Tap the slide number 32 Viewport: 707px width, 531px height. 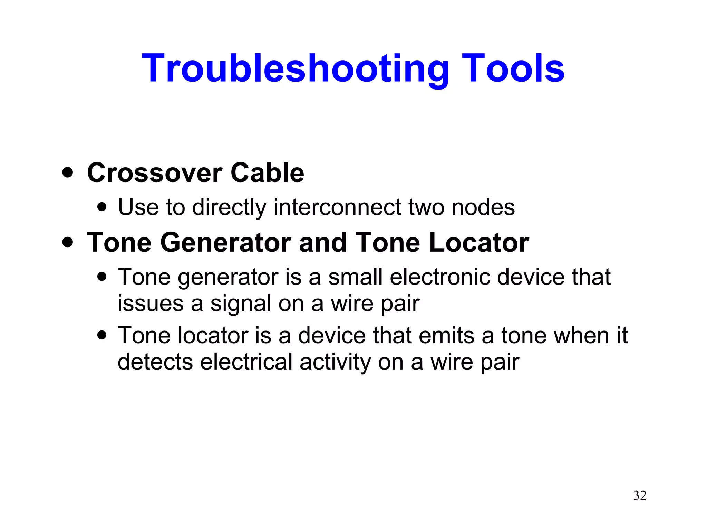(640, 495)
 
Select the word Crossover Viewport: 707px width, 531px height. (154, 173)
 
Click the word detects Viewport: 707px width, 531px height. (155, 362)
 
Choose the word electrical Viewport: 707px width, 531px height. (246, 362)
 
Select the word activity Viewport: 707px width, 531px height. (335, 363)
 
